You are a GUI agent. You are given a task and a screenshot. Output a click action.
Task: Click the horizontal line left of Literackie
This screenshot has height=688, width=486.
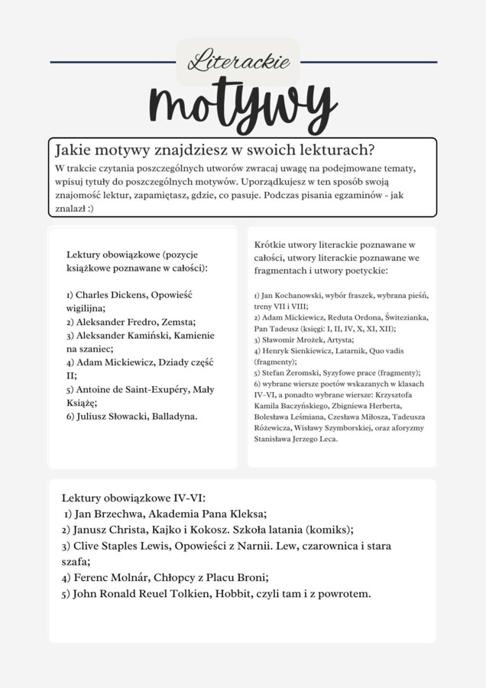tap(112, 62)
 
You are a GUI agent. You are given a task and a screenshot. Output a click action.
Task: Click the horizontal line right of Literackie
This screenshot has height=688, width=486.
tap(369, 62)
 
